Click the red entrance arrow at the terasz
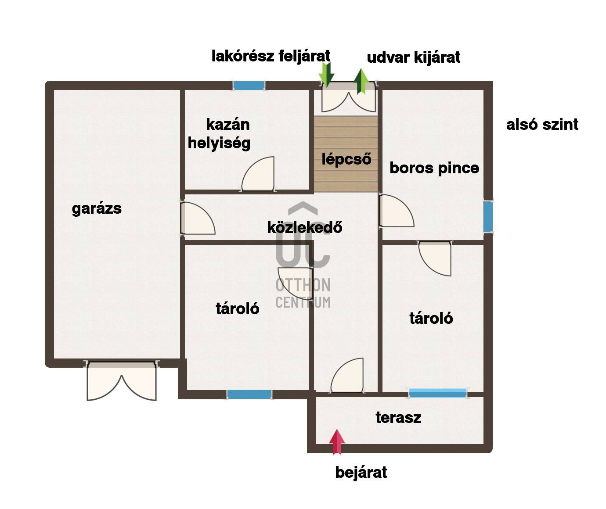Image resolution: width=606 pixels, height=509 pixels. point(337,442)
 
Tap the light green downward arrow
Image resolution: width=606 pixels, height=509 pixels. point(326,75)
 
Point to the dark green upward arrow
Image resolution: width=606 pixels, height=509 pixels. point(361,81)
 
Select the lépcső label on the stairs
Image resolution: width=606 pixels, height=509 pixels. point(346,159)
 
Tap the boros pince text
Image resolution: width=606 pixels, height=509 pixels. point(434,168)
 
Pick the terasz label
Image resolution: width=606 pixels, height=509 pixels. point(398,418)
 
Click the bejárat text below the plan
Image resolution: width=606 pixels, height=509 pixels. point(361,473)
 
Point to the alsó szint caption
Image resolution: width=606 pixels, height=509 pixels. point(542,125)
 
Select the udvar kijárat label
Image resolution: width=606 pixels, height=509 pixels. point(413,57)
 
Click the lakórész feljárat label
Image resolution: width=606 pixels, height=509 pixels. point(271,56)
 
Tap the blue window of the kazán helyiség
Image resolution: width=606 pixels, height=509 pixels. point(249,86)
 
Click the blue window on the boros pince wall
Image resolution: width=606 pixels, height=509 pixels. point(488,216)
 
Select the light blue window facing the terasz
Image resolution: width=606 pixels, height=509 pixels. point(438,393)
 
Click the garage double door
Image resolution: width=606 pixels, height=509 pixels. point(122,381)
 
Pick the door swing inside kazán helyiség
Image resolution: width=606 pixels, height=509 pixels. point(258,174)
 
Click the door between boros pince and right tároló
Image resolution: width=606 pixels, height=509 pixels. point(435,258)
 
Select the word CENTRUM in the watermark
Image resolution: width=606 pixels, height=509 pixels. point(303,302)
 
